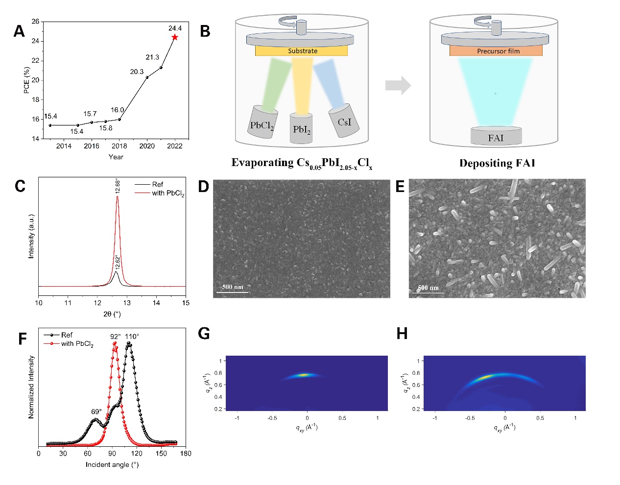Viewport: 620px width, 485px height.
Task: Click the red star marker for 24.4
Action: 175,37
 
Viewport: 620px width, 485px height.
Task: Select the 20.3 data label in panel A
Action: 137,72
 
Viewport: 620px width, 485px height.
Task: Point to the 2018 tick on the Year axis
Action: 119,146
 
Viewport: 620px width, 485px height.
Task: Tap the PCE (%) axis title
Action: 26,80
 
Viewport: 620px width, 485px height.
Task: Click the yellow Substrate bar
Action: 301,51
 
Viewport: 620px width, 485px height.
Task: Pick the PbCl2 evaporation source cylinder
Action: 263,122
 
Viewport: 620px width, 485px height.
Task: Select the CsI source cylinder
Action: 344,121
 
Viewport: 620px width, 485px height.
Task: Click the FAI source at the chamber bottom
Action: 496,137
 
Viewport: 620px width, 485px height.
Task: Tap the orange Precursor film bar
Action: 496,51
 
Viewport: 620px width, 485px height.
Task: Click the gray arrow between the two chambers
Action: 397,85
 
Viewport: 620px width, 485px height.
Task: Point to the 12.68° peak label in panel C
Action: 118,186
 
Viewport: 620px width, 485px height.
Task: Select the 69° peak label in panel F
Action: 95,412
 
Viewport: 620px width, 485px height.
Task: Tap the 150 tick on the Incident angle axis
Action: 161,453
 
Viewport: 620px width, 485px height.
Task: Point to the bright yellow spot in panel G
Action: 304,375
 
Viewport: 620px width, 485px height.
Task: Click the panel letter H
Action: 402,334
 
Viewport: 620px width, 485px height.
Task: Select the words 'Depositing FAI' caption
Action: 497,163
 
